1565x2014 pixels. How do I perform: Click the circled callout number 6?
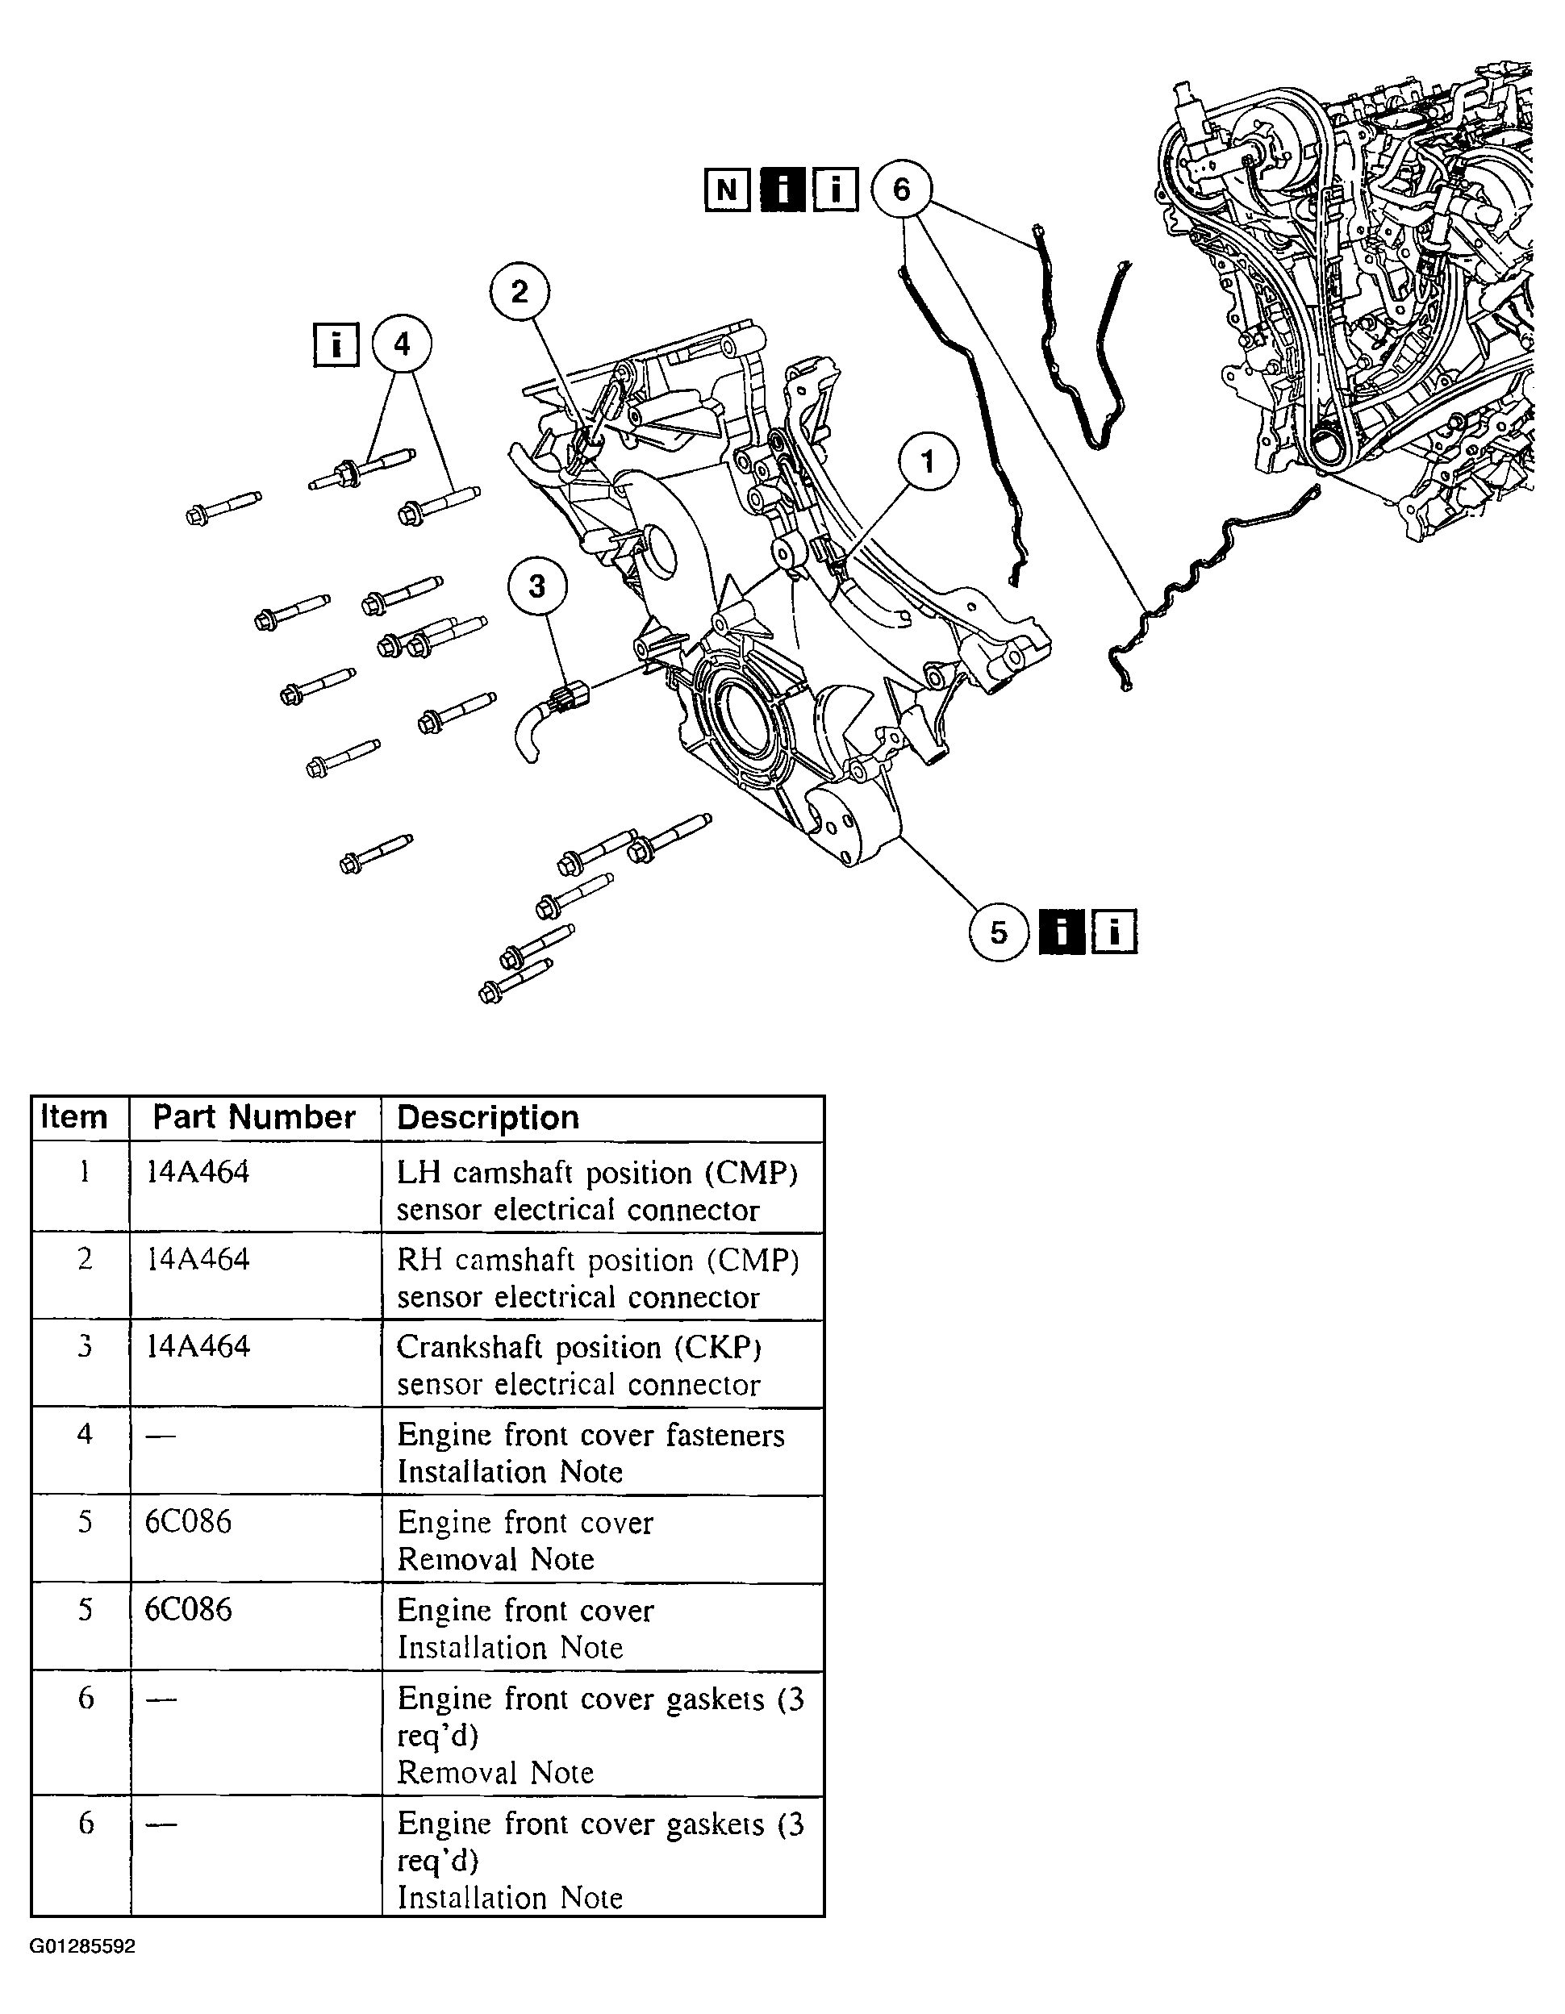click(901, 190)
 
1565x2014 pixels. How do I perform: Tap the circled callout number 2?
click(520, 292)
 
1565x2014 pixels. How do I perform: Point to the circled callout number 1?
click(928, 461)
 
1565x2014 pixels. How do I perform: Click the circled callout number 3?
click(536, 586)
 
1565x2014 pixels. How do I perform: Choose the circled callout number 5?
click(999, 932)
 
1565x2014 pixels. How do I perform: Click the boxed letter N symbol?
click(727, 191)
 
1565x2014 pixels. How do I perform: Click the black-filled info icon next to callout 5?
click(1062, 932)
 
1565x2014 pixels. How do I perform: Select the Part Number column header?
click(253, 1118)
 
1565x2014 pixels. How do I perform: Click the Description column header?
click(487, 1118)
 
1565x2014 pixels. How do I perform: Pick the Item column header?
click(73, 1118)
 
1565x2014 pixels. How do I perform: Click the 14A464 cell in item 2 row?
click(198, 1260)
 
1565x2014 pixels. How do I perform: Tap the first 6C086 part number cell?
click(188, 1521)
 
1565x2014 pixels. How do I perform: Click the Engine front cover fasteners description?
click(591, 1435)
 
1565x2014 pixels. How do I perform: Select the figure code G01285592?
click(83, 1947)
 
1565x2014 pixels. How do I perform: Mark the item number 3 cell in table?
click(84, 1346)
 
